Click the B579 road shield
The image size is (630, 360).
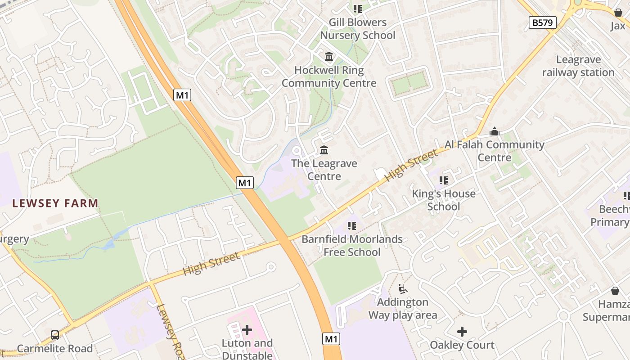coord(542,22)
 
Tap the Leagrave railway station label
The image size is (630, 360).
coord(578,66)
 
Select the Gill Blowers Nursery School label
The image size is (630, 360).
coord(357,29)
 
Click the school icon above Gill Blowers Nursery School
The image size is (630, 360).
coord(357,9)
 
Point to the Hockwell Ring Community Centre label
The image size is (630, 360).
coord(329,76)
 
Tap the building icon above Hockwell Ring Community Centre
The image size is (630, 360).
coord(329,57)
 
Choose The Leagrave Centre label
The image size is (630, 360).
coord(324,170)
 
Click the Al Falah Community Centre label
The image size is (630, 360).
coord(494,151)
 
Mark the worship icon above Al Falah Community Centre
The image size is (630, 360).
coord(494,131)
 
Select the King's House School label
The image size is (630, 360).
coord(444,200)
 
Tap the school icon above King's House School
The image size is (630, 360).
coord(444,180)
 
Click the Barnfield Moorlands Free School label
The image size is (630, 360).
coord(352,245)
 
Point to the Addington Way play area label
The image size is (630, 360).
coord(403,308)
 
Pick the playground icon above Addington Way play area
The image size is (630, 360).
coord(403,289)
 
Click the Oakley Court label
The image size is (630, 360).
coord(462,345)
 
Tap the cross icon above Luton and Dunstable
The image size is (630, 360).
coord(247,330)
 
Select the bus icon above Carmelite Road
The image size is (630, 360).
coord(55,335)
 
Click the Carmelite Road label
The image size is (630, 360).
coord(55,349)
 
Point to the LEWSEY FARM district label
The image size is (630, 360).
coord(55,203)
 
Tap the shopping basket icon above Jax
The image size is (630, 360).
coord(618,13)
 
